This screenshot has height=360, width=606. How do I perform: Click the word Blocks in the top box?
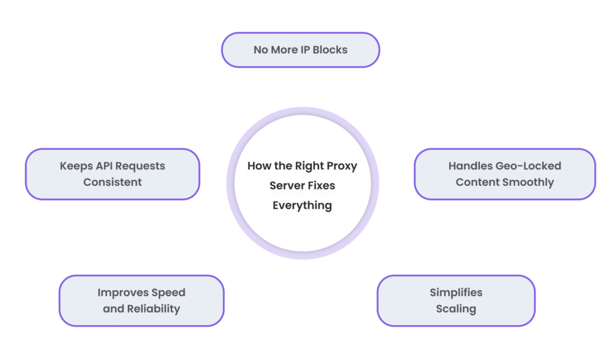click(330, 50)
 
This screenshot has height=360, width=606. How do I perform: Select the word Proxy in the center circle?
click(343, 166)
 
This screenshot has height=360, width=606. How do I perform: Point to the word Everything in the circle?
click(302, 205)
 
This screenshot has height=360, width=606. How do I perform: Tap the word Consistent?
click(112, 182)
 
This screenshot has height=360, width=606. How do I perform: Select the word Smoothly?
click(529, 182)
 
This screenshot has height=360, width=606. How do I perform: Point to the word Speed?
click(168, 292)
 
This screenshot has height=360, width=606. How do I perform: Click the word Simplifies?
click(456, 292)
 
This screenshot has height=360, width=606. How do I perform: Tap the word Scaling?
click(456, 308)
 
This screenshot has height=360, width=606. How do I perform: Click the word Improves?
click(123, 292)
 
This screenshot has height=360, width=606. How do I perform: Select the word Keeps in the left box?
click(73, 166)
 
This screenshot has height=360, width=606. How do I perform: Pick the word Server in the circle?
click(286, 185)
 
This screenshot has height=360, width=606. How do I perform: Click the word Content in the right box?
click(476, 182)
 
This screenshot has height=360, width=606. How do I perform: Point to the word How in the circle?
click(258, 166)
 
